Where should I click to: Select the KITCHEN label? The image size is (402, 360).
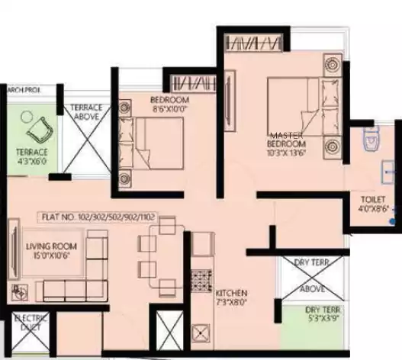coord(231,293)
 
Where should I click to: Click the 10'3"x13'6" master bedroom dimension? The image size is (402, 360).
coord(287,153)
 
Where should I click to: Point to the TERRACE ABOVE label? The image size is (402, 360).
coord(87,113)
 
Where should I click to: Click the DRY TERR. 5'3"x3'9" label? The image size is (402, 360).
coord(322,313)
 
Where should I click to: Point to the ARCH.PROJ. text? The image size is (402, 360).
coord(24,89)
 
